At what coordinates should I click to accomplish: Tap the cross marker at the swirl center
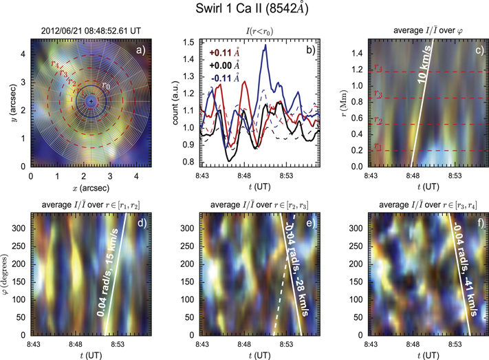pos(90,102)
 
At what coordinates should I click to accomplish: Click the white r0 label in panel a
pos(105,85)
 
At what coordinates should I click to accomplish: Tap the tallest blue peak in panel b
pos(264,46)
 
